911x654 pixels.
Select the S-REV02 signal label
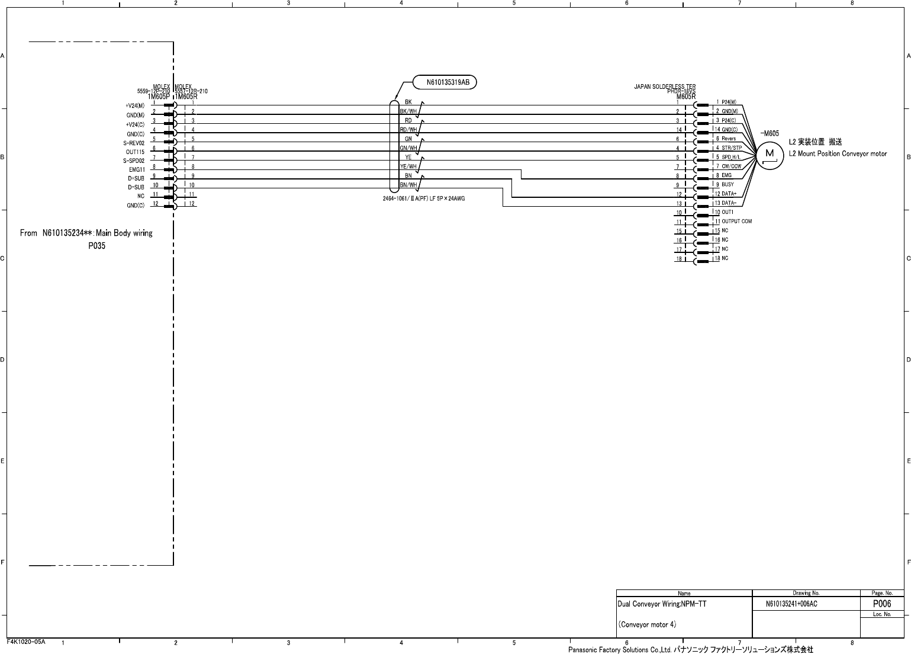[134, 143]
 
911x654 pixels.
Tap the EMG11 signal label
[137, 169]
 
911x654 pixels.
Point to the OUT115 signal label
[135, 152]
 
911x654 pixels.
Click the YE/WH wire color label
[408, 166]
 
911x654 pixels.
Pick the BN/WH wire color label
[408, 185]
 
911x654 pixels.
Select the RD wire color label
[408, 120]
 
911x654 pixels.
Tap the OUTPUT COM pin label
[736, 221]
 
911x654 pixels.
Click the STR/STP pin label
[732, 148]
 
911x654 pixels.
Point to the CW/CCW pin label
[731, 166]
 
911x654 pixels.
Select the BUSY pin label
[727, 184]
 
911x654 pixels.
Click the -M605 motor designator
[770, 133]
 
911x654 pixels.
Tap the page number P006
[882, 604]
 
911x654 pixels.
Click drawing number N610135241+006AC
[791, 604]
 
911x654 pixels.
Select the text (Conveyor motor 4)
[647, 624]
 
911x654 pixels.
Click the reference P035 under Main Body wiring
[96, 246]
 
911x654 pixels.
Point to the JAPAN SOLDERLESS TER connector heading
[665, 86]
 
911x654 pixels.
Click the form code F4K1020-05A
[26, 642]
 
